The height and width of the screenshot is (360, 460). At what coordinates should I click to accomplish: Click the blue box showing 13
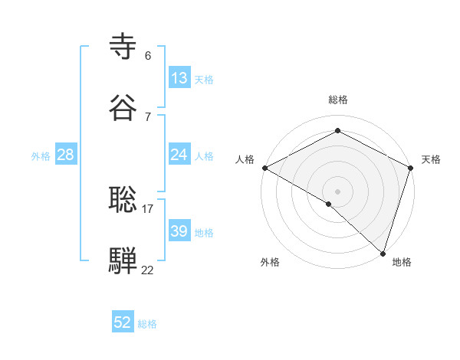coord(179,78)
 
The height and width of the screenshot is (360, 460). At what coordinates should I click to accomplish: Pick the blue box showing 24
coord(179,155)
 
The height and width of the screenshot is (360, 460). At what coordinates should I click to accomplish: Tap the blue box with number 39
coord(179,231)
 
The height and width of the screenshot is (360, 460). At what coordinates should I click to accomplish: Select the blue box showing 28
coord(66,155)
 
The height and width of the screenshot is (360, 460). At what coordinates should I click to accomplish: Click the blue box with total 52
coord(123,322)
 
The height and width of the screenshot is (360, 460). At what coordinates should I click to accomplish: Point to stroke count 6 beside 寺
coord(148,56)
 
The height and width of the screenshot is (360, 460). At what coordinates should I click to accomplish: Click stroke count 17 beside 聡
coord(148,208)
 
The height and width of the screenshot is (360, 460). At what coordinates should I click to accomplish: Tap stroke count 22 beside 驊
coord(148,270)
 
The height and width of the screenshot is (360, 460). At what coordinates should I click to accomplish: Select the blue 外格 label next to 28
coord(41,156)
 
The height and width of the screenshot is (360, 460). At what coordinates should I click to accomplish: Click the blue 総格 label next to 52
coord(147,324)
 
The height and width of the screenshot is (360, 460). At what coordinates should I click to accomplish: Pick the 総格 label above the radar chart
coord(337,100)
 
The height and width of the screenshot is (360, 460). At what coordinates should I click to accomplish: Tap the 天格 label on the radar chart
coord(432,159)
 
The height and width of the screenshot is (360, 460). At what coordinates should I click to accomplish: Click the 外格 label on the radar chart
coord(270,262)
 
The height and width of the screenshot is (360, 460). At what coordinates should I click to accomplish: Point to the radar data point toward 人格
coord(264,168)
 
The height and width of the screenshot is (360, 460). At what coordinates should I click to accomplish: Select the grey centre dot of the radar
coord(337,191)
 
